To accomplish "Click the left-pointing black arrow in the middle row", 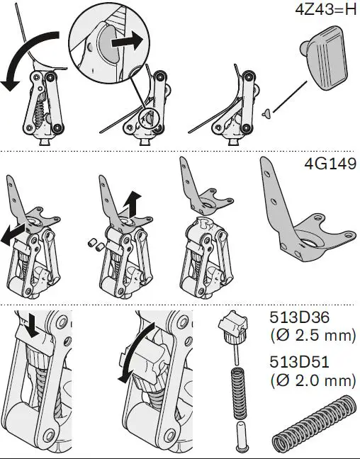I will coord(14,233).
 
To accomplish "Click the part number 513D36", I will coord(300,317).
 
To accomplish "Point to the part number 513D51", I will coord(300,361).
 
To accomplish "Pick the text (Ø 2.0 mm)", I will coord(313,380).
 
